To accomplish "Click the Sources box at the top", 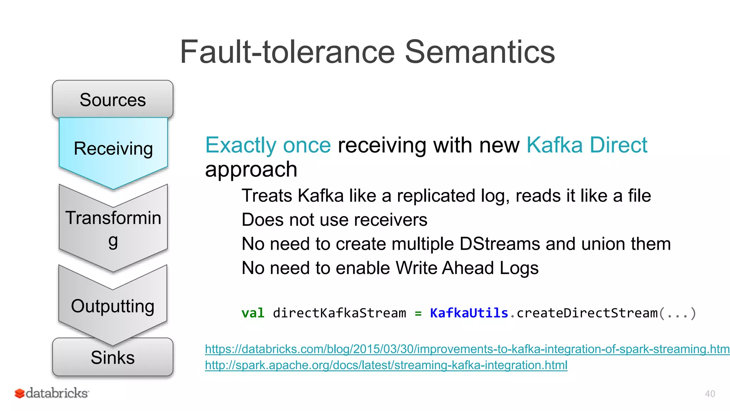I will point(113,100).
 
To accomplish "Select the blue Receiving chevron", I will point(113,148).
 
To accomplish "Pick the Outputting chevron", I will point(113,306).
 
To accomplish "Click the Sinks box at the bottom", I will point(113,357).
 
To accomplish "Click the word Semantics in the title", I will point(479,52).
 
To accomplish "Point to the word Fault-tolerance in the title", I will point(287,52).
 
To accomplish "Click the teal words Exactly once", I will point(268,145).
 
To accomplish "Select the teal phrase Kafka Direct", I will point(587,145).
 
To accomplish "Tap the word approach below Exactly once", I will point(251,169).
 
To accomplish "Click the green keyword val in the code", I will point(253,313).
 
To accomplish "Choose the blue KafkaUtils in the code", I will point(469,313).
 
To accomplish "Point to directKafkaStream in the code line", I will point(339,313).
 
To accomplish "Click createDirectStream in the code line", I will point(587,313).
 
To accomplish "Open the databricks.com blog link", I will point(467,349).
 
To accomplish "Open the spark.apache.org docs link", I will point(386,365).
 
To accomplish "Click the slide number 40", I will point(710,394).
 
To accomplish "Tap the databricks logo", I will point(52,393).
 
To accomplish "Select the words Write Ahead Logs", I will point(467,268).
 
